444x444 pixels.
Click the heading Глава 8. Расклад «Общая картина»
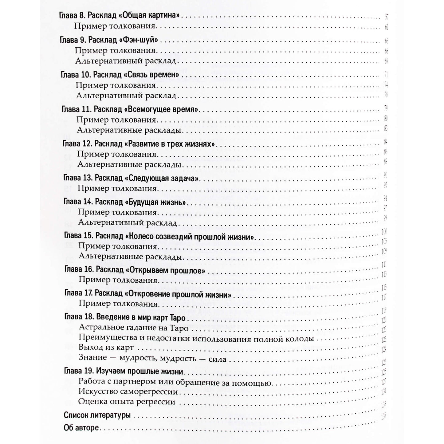tap(119, 16)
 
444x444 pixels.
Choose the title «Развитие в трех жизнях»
tap(171, 144)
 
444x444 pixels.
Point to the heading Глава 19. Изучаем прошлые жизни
tap(124, 371)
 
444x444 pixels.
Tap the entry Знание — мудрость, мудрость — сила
tap(152, 358)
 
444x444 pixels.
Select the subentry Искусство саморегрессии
tap(128, 392)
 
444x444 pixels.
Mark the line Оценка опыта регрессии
tap(127, 402)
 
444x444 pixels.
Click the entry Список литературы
tap(97, 415)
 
